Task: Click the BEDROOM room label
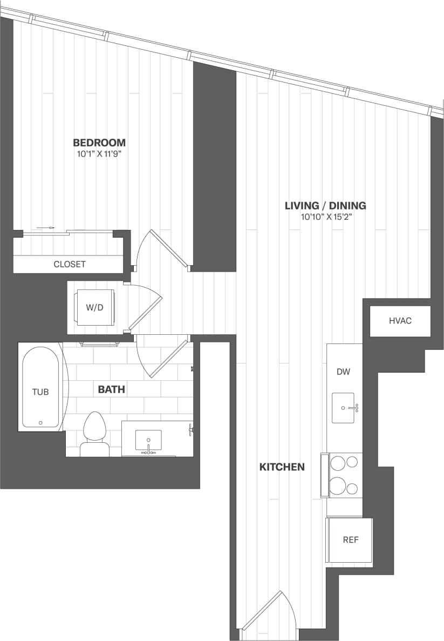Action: coord(99,143)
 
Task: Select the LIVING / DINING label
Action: coord(325,205)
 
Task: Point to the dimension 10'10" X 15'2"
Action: coord(325,217)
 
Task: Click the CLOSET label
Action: coord(69,264)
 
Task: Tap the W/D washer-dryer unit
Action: coord(95,307)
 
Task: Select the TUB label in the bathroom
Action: coord(40,392)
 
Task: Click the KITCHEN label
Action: coord(282,467)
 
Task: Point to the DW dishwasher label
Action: coord(343,372)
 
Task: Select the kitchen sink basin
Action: coord(343,408)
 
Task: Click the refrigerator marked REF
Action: coord(350,539)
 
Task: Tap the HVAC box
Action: coord(400,321)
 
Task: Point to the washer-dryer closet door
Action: coord(145,311)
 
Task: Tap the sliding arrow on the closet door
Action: coord(47,228)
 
